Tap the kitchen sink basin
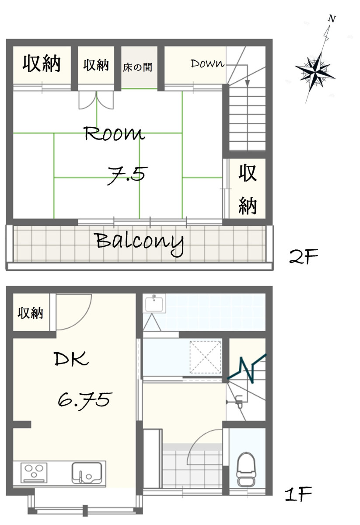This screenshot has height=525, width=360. pyautogui.click(x=87, y=472)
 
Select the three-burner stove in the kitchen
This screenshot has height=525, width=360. pyautogui.click(x=34, y=472)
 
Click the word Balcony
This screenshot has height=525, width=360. pyautogui.click(x=140, y=243)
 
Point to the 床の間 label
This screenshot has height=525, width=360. pyautogui.click(x=138, y=67)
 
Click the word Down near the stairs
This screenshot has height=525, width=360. pyautogui.click(x=207, y=63)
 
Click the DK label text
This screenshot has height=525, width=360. pyautogui.click(x=71, y=359)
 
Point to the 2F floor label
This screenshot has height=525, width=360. pyautogui.click(x=304, y=256)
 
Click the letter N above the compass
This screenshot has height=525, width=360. pyautogui.click(x=332, y=19)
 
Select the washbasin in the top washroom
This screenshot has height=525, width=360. pyautogui.click(x=154, y=304)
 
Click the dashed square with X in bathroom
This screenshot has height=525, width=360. pyautogui.click(x=205, y=357)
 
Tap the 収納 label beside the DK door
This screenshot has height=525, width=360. pyautogui.click(x=31, y=313)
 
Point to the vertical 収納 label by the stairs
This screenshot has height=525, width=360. pyautogui.click(x=248, y=189)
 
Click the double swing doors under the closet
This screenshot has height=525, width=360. pyautogui.click(x=96, y=100)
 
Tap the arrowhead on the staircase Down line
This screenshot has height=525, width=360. pyautogui.click(x=247, y=83)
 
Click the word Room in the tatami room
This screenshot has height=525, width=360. pyautogui.click(x=114, y=133)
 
